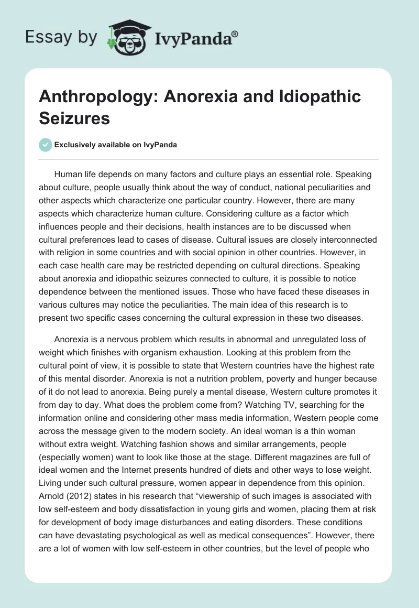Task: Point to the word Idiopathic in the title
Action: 313,97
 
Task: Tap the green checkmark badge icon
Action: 46,145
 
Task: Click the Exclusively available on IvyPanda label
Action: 115,145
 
